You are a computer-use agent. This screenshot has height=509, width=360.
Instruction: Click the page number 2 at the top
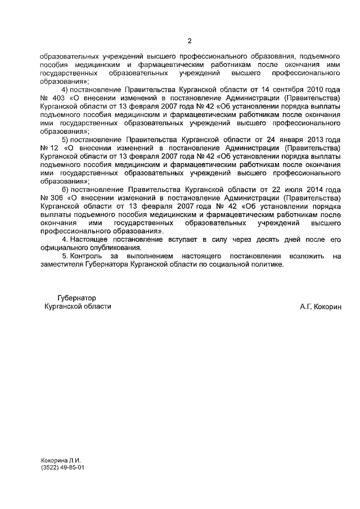(x=190, y=41)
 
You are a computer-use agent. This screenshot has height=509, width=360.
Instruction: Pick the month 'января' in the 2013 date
(x=295, y=139)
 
